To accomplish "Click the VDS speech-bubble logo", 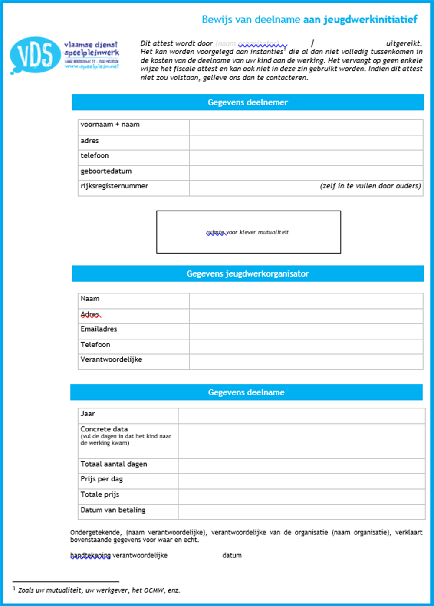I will click(x=35, y=55).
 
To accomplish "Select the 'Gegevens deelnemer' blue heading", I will click(x=247, y=102).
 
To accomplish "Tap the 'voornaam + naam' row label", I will click(x=110, y=125).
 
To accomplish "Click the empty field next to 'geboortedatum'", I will click(x=306, y=172).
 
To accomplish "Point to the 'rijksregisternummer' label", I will click(x=114, y=186).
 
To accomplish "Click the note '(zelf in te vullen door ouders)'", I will click(x=370, y=186).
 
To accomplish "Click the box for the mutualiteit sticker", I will click(x=248, y=232).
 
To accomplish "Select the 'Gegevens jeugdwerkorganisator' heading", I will click(x=247, y=273).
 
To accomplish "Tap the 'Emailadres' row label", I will click(x=99, y=329).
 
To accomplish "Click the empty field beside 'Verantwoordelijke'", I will click(x=306, y=361).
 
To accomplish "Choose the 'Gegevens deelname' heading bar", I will click(x=246, y=392).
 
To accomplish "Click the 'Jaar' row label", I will click(x=88, y=414).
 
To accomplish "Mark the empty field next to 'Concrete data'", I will click(x=301, y=441).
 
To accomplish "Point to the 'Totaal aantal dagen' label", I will click(x=114, y=464).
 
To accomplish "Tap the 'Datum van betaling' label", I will click(x=113, y=510).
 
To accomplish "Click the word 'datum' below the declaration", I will click(x=232, y=555).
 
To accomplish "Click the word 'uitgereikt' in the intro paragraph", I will click(x=403, y=43).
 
